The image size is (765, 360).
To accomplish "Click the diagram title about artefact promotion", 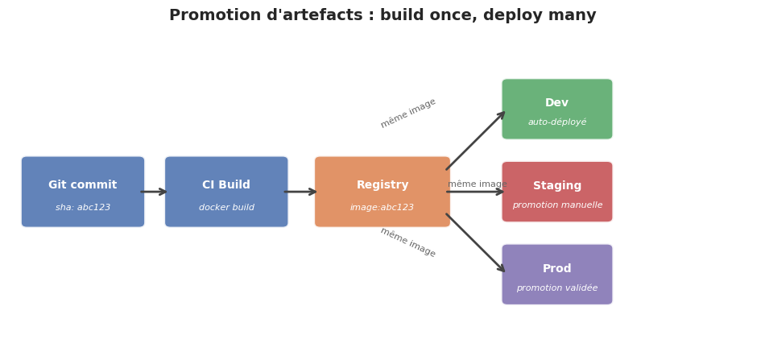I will coord(382,15).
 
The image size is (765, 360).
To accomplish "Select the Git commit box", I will coord(83,192).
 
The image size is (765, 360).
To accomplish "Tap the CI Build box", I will coord(226,192).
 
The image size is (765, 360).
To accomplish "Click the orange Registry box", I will coord(382,192).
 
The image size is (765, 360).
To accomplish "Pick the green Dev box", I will coord(557,109).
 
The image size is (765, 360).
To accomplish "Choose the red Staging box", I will coord(557,192).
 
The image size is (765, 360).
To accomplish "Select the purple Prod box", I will coord(557,275).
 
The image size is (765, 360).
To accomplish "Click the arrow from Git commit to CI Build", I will coord(154,192).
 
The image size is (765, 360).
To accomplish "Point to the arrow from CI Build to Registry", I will coord(301,192).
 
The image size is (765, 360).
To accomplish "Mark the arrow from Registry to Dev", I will coord(475,141).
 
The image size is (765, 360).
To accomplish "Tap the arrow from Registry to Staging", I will coord(476,192).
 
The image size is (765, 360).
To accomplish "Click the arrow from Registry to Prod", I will coord(475,243).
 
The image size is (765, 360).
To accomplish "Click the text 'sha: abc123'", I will coord(83,208).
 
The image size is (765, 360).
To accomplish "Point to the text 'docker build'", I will coord(226,208).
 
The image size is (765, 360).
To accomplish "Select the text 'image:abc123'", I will coord(382,208).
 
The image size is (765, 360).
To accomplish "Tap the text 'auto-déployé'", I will coord(557,122).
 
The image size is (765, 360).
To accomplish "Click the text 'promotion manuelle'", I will coord(557,205).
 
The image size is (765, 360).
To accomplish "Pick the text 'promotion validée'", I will coord(557,288).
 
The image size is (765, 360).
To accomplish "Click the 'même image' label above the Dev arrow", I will coord(408,114).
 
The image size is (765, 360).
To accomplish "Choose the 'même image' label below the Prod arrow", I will coord(408,242).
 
